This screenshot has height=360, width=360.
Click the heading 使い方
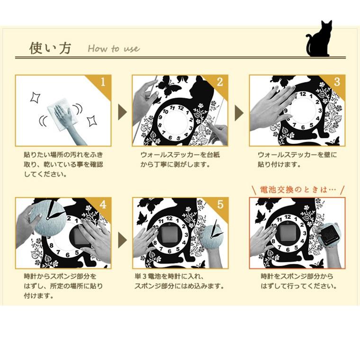pyautogui.click(x=50, y=48)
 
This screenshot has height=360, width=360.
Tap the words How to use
pyautogui.click(x=114, y=48)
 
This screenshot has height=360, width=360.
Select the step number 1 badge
pyautogui.click(x=103, y=82)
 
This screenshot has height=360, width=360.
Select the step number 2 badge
pyautogui.click(x=220, y=82)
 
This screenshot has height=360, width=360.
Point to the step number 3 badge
pyautogui.click(x=337, y=82)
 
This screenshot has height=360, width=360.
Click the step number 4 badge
pyautogui.click(x=103, y=204)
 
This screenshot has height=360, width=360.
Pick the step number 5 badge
pyautogui.click(x=220, y=204)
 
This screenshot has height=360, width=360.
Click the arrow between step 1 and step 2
pyautogui.click(x=122, y=112)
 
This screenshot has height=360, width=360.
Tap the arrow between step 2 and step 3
pyautogui.click(x=239, y=112)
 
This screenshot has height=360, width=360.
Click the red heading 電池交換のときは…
pyautogui.click(x=298, y=190)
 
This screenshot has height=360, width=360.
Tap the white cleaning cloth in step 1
pyautogui.click(x=62, y=114)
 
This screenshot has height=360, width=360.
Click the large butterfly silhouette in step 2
pyautogui.click(x=168, y=86)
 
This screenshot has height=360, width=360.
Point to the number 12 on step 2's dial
pyautogui.click(x=180, y=108)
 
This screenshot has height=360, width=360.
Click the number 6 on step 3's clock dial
pyautogui.click(x=303, y=127)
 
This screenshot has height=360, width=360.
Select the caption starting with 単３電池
pyautogui.click(x=179, y=281)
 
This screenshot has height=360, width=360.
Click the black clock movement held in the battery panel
pyautogui.click(x=330, y=234)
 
